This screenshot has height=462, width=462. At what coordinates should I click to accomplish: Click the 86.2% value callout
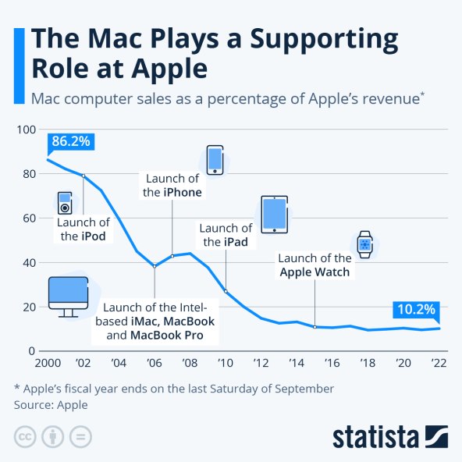point(72,142)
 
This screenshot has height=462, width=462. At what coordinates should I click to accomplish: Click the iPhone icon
point(215,160)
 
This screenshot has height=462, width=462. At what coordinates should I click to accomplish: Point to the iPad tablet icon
point(274,214)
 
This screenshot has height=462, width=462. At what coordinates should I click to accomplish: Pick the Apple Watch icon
point(364,245)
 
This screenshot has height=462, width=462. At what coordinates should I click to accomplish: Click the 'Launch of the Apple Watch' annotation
point(315,265)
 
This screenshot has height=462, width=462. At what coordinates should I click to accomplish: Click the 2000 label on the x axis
point(48,363)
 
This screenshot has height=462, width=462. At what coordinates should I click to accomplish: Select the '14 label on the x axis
point(297,363)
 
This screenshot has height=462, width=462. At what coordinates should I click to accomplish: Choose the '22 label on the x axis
point(439,363)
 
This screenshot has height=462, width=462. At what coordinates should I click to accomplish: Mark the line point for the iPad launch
point(226,291)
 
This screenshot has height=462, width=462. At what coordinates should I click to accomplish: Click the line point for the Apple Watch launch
point(315,326)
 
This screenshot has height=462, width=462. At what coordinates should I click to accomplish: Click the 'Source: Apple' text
point(51,405)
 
